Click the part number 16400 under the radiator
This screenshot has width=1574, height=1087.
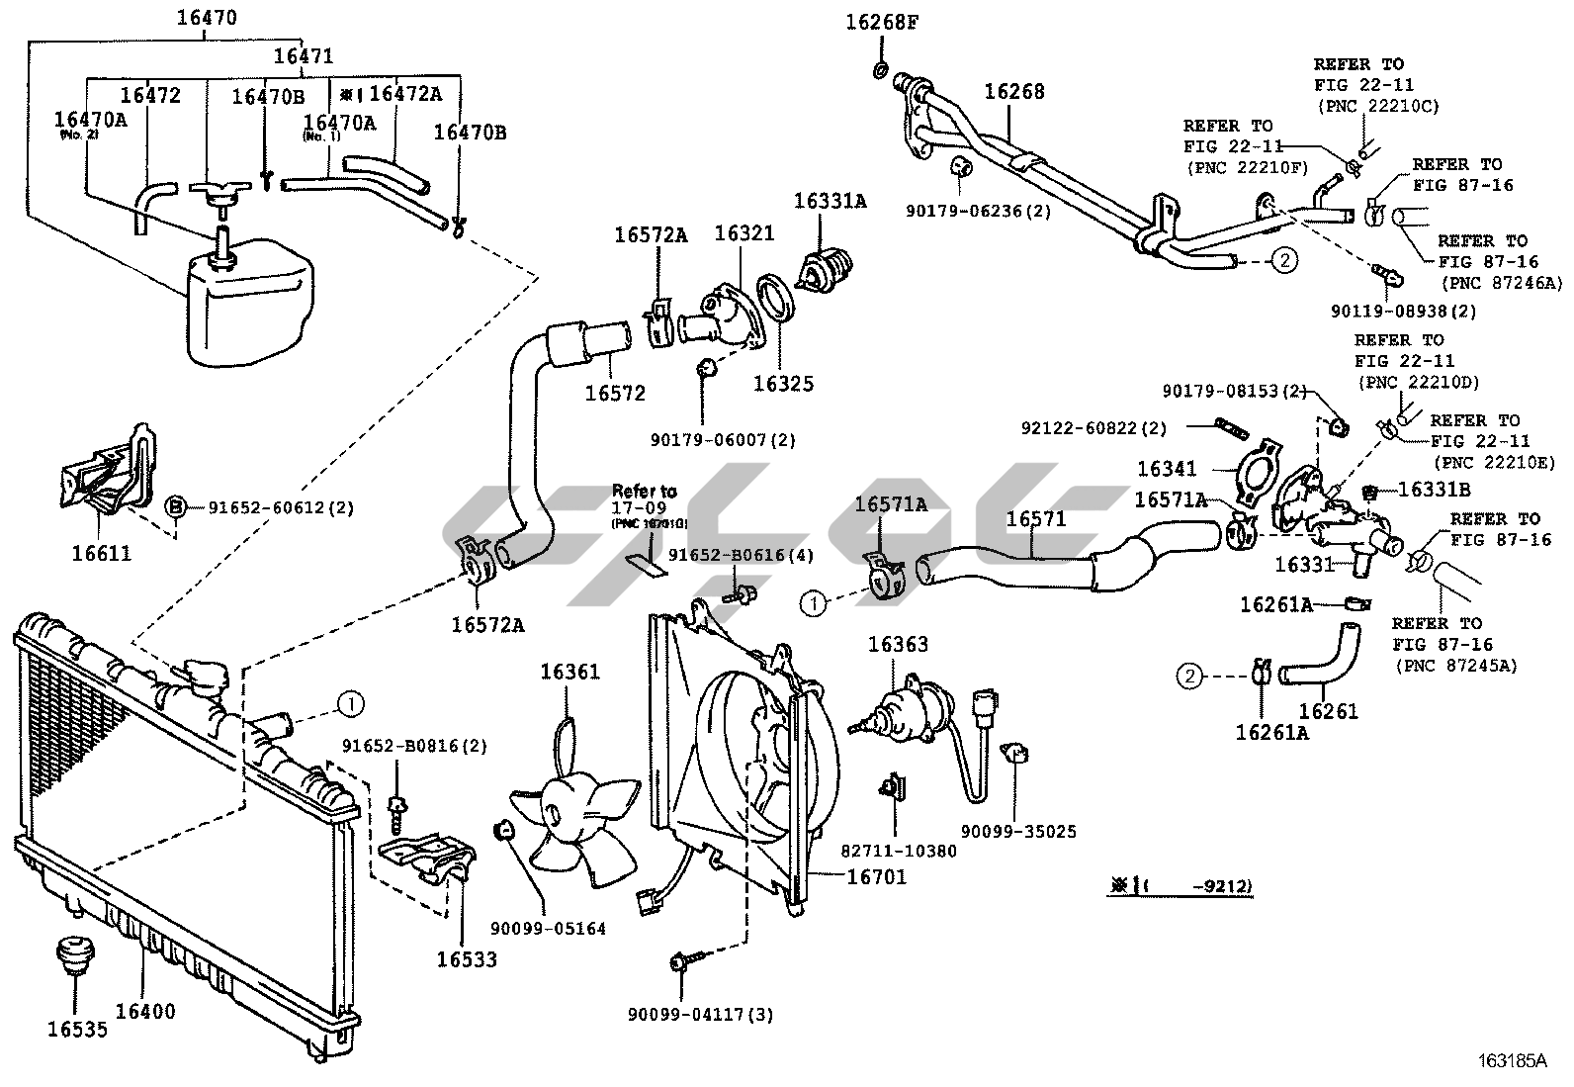click(145, 1011)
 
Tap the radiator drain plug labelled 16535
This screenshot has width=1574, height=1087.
click(69, 953)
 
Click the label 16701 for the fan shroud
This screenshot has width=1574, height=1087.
click(876, 875)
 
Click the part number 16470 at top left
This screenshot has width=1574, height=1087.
click(207, 18)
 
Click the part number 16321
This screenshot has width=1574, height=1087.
click(744, 233)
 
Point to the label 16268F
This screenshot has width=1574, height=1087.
click(882, 22)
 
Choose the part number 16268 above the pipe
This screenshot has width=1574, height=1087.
click(1013, 92)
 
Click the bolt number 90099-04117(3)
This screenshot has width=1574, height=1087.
click(700, 1014)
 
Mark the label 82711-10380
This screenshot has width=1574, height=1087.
click(899, 850)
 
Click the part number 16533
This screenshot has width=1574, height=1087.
click(467, 958)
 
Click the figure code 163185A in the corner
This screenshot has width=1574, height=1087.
click(1511, 1061)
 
